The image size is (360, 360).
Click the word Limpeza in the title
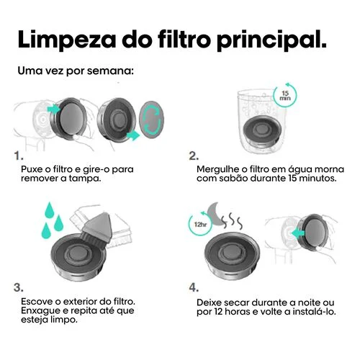pos(67,40)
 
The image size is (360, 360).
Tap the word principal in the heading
pos(271,40)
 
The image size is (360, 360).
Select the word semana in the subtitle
pos(110,71)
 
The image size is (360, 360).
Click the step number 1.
pos(19,156)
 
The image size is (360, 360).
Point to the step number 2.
pos(194,156)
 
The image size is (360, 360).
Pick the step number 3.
pos(19,287)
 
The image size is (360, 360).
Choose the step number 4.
pos(194,287)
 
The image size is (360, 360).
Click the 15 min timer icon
pos(285,95)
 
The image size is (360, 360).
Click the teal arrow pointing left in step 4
pos(298,233)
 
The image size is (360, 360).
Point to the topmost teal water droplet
pos(50,210)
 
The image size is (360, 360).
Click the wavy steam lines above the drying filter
pos(232,220)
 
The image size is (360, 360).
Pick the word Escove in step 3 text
pos(35,301)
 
